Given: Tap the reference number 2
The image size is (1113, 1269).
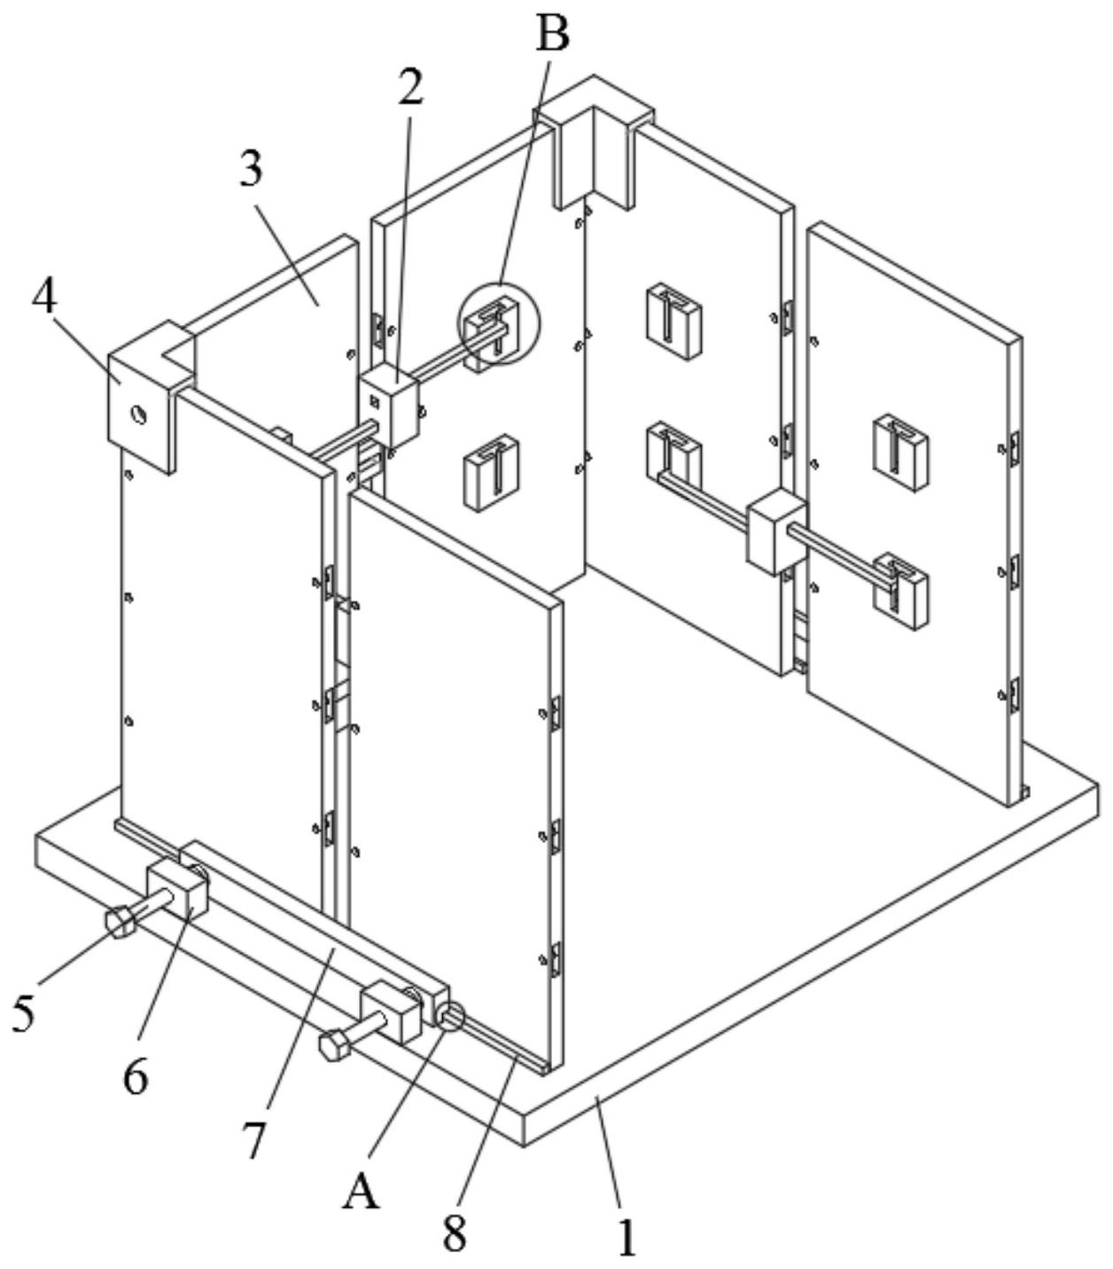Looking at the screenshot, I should pyautogui.click(x=409, y=87).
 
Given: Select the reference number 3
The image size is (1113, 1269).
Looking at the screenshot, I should pyautogui.click(x=252, y=168).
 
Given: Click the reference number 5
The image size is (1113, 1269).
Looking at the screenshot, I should pyautogui.click(x=24, y=1013).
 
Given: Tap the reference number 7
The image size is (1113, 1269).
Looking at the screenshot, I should pyautogui.click(x=255, y=1138).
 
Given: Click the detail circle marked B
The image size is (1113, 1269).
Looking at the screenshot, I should pyautogui.click(x=498, y=324).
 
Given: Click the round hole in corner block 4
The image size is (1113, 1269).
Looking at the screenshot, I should pyautogui.click(x=138, y=413).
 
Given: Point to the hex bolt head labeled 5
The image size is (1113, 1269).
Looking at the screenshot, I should pyautogui.click(x=121, y=924).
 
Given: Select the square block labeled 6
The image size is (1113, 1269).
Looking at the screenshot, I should pyautogui.click(x=178, y=888).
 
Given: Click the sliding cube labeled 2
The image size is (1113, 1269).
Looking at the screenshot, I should pyautogui.click(x=388, y=408).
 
